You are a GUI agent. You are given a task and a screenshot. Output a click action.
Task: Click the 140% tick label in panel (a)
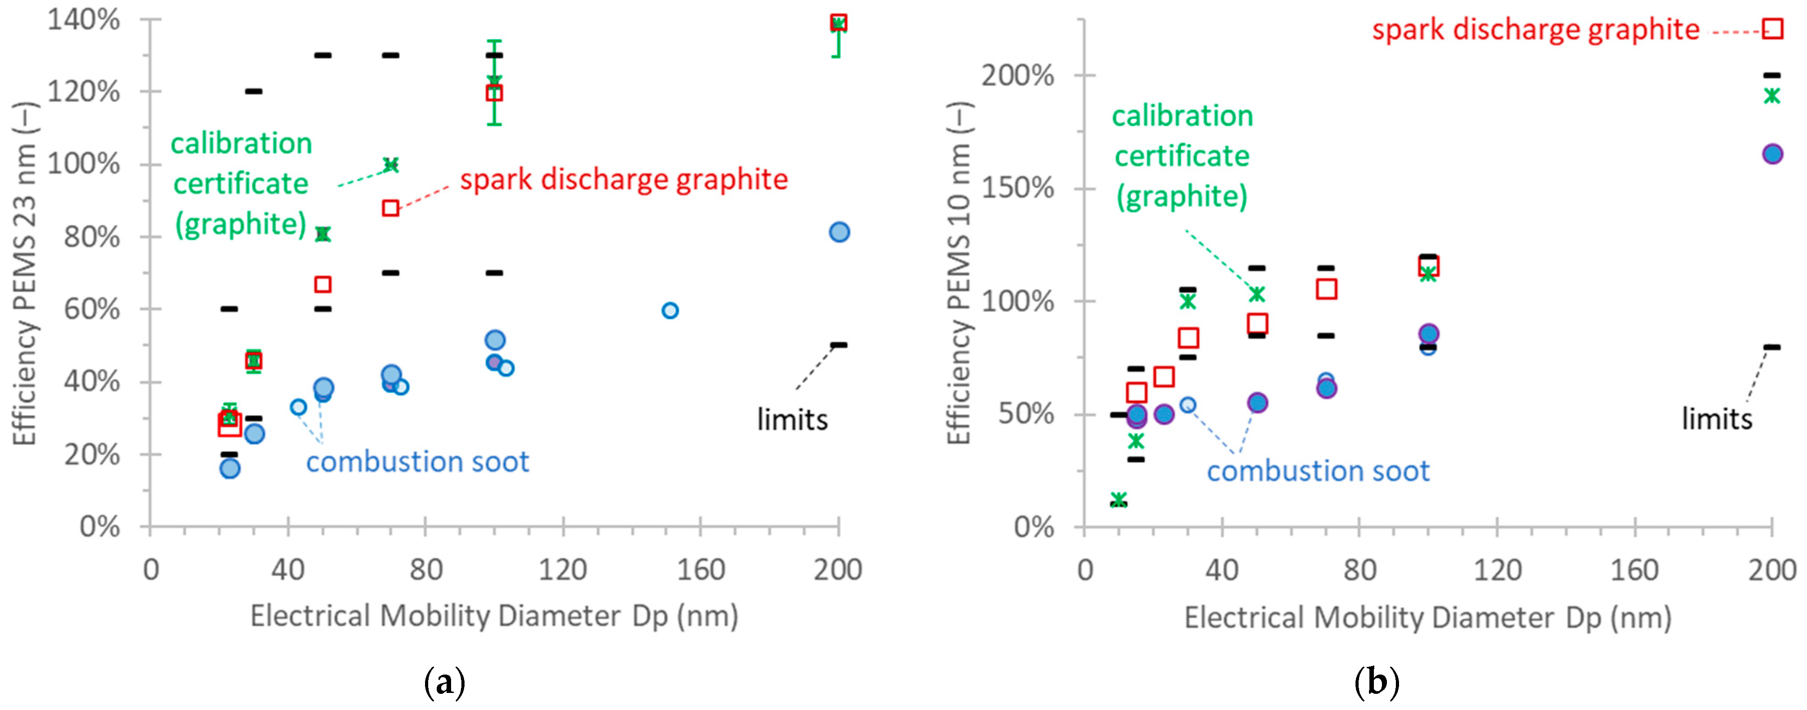click(83, 20)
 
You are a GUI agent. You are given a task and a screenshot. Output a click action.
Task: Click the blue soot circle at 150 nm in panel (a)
click(670, 310)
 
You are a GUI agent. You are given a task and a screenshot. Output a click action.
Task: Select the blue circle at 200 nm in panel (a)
click(839, 232)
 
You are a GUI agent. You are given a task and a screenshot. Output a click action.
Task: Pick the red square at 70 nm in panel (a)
click(391, 208)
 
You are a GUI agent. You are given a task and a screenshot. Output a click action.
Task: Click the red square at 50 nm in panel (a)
click(323, 284)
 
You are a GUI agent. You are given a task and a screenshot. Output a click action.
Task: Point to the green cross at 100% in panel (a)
click(391, 165)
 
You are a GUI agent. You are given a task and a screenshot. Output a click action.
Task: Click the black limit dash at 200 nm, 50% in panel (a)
click(839, 345)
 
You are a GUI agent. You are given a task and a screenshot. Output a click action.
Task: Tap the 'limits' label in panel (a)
click(792, 420)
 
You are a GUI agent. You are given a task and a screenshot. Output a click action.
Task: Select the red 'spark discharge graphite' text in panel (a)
click(623, 180)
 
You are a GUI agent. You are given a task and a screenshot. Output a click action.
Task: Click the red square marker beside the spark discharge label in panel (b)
click(1772, 29)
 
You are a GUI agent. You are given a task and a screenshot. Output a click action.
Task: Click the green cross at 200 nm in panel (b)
click(1772, 96)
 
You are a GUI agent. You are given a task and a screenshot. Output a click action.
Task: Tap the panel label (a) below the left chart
click(445, 682)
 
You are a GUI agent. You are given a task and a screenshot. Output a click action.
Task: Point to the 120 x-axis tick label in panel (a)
click(562, 570)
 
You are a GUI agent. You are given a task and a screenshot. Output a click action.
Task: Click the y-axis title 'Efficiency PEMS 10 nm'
click(959, 274)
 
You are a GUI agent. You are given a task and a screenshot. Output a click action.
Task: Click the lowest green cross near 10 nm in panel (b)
click(1119, 500)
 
